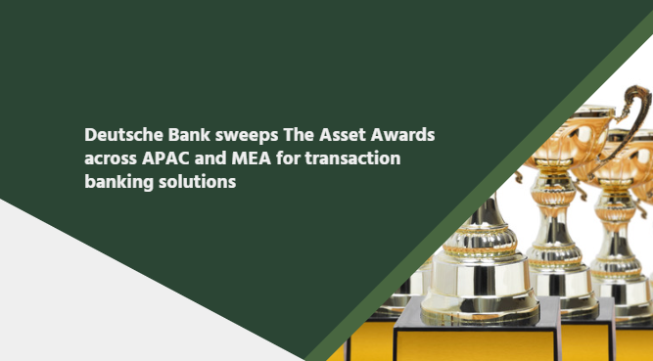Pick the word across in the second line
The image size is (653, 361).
[111, 158]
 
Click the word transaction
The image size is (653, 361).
[352, 158]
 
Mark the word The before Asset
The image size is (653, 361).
[299, 134]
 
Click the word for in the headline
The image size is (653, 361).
[288, 158]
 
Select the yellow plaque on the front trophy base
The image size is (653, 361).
[475, 345]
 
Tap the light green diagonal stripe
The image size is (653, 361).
[479, 192]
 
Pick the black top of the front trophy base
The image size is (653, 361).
[477, 316]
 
